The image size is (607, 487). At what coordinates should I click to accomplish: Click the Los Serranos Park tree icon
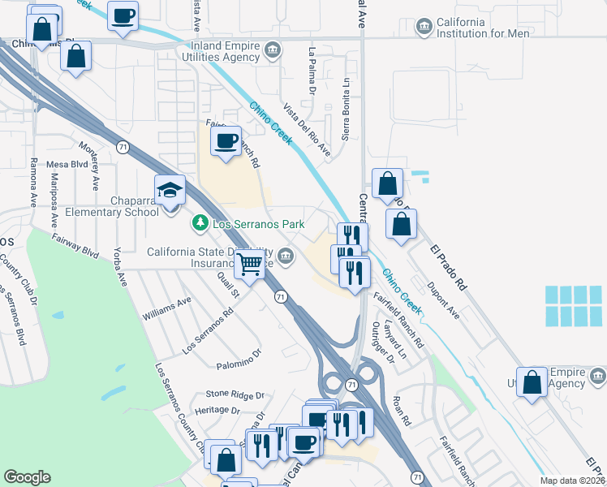198,222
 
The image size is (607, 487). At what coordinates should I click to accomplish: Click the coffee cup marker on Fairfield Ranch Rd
226,141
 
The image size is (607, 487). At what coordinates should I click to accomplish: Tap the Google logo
27,477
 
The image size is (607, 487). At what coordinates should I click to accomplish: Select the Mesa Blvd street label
67,164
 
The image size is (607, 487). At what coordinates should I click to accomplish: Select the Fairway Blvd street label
75,245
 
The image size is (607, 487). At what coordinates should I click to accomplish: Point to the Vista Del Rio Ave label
307,129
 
